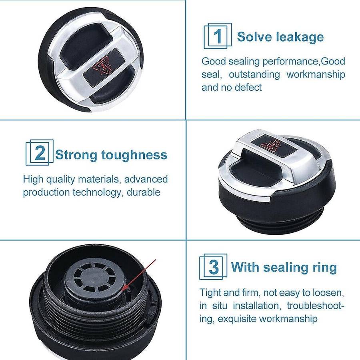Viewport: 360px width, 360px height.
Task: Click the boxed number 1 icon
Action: [x=218, y=36]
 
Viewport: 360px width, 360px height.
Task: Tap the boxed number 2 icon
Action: [x=40, y=152]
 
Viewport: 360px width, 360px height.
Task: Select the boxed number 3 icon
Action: [x=213, y=266]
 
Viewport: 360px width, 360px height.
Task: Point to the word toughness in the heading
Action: [x=134, y=155]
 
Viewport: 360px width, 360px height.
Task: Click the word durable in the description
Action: [x=144, y=192]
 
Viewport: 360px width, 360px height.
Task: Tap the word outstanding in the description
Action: [x=254, y=75]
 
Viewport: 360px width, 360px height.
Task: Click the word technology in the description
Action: [x=97, y=192]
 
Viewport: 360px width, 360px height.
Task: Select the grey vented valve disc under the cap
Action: [x=94, y=278]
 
